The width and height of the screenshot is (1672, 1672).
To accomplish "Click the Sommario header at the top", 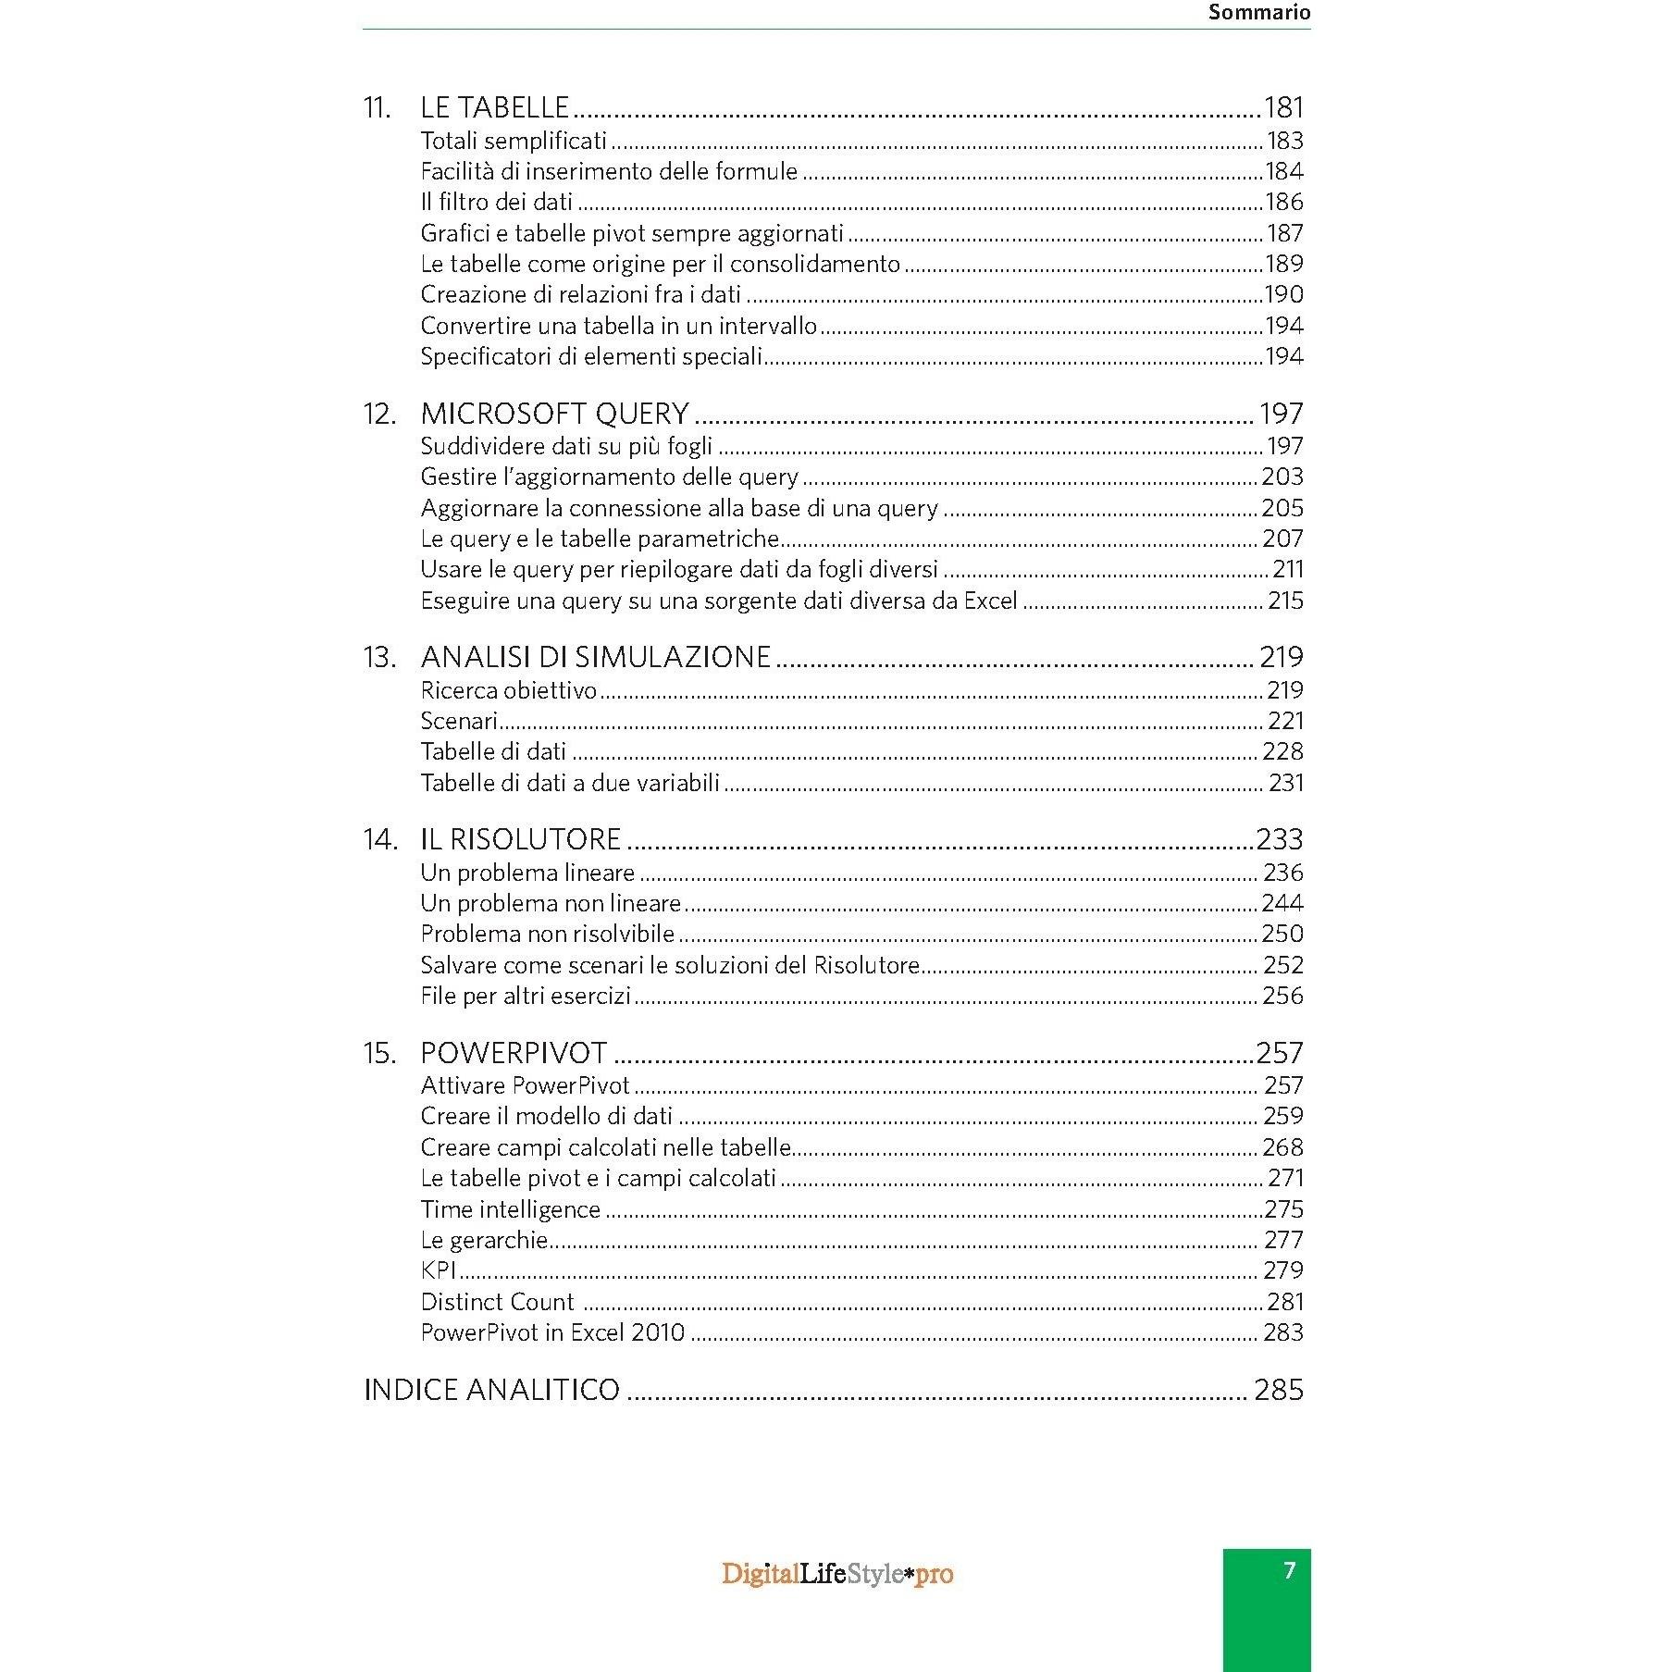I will pos(1258,13).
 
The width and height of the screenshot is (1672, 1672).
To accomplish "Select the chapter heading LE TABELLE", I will pos(494,107).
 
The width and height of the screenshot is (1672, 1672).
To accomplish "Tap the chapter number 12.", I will pos(379,414).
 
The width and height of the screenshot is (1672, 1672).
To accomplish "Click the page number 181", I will pos(1282,107).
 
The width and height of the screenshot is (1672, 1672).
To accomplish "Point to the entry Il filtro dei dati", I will pos(496,202).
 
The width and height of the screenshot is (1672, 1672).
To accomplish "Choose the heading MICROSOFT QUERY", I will pos(555,414).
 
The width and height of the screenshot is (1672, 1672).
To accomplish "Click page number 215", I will pos(1285,601).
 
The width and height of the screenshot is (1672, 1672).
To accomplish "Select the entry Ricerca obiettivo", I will pos(509,690).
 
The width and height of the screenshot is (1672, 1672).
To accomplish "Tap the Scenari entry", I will pos(459,721).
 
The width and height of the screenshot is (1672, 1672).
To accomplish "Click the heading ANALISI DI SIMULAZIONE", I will pos(595,657).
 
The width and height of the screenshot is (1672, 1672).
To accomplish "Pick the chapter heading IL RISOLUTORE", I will pos(520,839).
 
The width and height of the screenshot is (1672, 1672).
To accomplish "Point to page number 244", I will pos(1282,903).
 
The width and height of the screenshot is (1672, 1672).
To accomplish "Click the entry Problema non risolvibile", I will pos(547,934).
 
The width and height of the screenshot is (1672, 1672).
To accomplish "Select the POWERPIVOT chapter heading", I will pos(514,1053).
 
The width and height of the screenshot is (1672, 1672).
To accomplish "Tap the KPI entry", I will pos(439,1270).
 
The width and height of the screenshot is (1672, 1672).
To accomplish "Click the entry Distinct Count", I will pos(497,1302).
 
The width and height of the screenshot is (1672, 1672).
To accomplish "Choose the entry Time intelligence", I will pos(510,1209).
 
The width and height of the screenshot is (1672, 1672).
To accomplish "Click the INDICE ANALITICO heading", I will pos(491,1390).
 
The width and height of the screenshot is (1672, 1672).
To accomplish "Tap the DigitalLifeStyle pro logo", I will pos(837,1574).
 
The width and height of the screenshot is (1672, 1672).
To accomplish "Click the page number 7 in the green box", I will pos(1289,1570).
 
